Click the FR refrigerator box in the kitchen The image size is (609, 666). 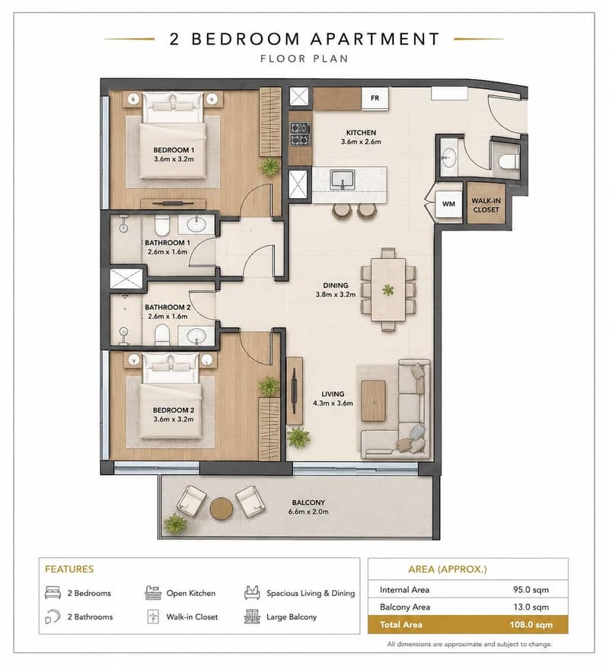(x=375, y=98)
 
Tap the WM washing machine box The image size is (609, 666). (x=448, y=204)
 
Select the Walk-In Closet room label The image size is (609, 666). (x=486, y=206)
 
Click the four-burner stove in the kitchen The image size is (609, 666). (x=300, y=134)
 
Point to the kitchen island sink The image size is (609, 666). (x=343, y=180)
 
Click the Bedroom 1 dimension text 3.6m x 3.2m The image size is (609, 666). (x=174, y=159)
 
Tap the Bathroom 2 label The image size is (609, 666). (x=167, y=307)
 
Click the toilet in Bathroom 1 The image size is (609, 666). (x=162, y=225)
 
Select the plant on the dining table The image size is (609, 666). (x=387, y=291)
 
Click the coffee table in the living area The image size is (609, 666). (x=373, y=400)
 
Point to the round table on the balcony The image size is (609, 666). (x=222, y=508)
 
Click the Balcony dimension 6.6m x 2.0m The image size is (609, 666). (x=308, y=511)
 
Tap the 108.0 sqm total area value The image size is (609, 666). (x=531, y=625)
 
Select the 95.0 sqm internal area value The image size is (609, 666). (x=531, y=590)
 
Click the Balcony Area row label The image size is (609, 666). (x=405, y=607)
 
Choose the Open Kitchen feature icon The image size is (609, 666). (x=153, y=593)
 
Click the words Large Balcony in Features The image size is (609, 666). (x=292, y=617)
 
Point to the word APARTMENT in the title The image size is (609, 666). (x=375, y=39)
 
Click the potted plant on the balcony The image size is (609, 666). (x=175, y=524)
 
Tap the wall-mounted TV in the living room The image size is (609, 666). (x=294, y=390)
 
